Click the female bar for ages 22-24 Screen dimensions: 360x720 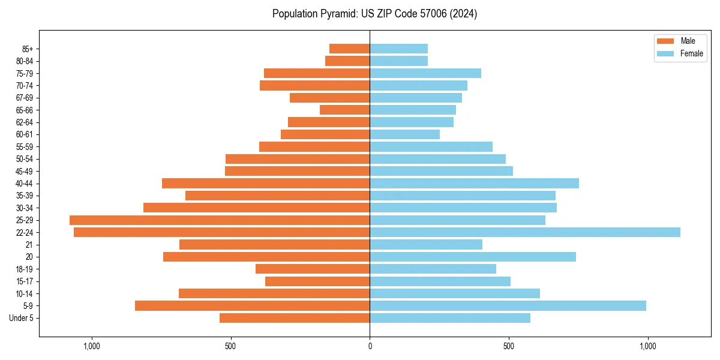pos(525,232)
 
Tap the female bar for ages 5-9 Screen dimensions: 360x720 pos(508,305)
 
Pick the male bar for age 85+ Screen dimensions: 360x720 pos(349,49)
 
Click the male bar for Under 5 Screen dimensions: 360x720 pos(295,318)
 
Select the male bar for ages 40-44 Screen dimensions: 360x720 pos(266,183)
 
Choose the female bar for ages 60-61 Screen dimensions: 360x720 pos(404,134)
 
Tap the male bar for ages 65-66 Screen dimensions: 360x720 pos(344,110)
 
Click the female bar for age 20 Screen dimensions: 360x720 pos(473,257)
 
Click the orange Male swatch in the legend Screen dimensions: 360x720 pos(666,41)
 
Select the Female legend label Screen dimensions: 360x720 pos(692,53)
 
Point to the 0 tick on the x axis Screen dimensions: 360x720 pos(370,347)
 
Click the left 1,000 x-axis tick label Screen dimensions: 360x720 pos(92,347)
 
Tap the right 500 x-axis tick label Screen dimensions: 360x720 pos(508,347)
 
